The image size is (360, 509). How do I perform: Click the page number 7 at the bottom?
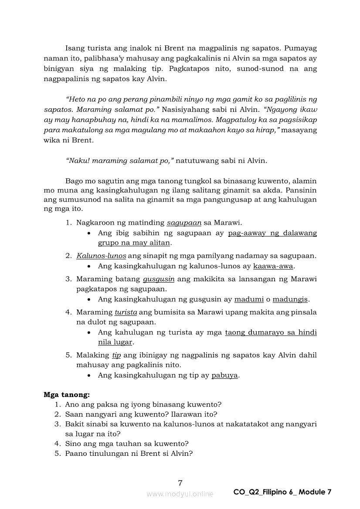(x=180, y=482)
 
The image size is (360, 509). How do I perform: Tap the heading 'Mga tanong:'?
(x=67, y=395)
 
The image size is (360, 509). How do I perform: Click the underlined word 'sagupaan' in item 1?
(x=184, y=223)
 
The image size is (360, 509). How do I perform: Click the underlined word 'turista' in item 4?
(x=126, y=312)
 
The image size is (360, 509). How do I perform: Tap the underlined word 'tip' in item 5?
(x=116, y=355)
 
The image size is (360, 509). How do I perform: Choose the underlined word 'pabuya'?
(x=224, y=375)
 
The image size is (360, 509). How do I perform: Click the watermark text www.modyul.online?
(x=180, y=494)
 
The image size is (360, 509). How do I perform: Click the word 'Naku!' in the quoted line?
(x=75, y=161)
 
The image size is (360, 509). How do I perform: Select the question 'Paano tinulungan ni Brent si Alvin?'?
(x=129, y=453)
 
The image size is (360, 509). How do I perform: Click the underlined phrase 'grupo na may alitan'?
(x=134, y=243)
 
